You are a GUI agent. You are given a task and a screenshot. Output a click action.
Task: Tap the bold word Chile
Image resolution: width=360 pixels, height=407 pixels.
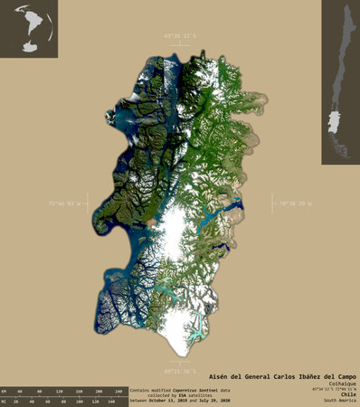click(x=348, y=394)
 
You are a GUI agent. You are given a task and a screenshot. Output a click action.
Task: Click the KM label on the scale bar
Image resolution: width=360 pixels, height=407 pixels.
click(x=5, y=391)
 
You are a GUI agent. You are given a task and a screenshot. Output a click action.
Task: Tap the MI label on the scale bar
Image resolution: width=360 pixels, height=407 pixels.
click(x=5, y=399)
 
